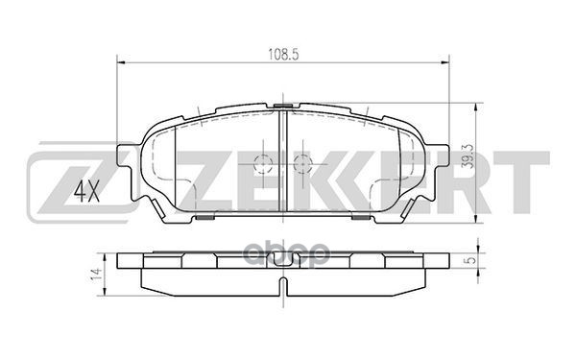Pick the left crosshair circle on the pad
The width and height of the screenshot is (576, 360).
[x=264, y=162]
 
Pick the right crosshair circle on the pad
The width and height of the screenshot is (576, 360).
[x=302, y=162]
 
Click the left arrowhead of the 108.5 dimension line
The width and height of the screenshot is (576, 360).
[x=120, y=64]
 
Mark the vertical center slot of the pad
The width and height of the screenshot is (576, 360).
[x=283, y=158]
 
